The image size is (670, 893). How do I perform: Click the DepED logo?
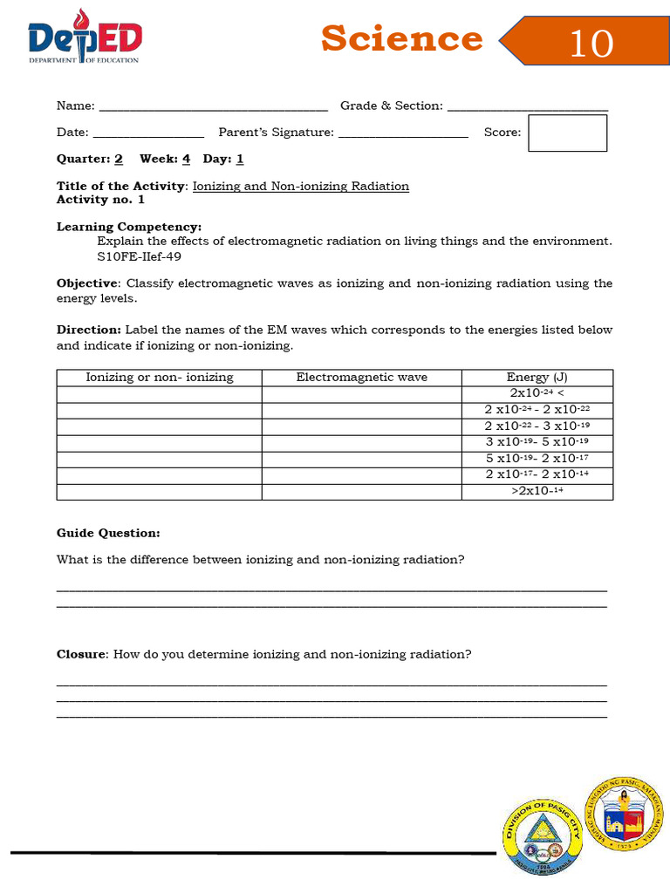tap(85, 37)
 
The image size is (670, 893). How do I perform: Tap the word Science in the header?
tap(401, 39)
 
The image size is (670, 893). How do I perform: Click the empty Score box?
tap(567, 133)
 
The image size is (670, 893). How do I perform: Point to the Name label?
tap(75, 106)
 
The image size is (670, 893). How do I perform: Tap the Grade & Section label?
tap(391, 106)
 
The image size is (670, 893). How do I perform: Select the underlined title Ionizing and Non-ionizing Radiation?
tap(300, 187)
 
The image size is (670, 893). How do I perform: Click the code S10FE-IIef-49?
tap(140, 257)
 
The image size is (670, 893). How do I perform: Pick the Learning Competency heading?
tap(129, 227)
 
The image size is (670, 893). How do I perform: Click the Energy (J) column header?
tap(537, 378)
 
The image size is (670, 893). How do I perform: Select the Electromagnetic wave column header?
tap(361, 378)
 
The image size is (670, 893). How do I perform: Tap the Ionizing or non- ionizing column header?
tap(160, 378)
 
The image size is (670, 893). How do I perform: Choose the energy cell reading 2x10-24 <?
tap(537, 394)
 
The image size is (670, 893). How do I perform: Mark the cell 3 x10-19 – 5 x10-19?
tap(537, 443)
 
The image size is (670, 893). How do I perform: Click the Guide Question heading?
tap(108, 533)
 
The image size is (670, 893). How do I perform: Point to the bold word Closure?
tap(81, 654)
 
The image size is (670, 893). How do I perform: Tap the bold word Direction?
tap(88, 331)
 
